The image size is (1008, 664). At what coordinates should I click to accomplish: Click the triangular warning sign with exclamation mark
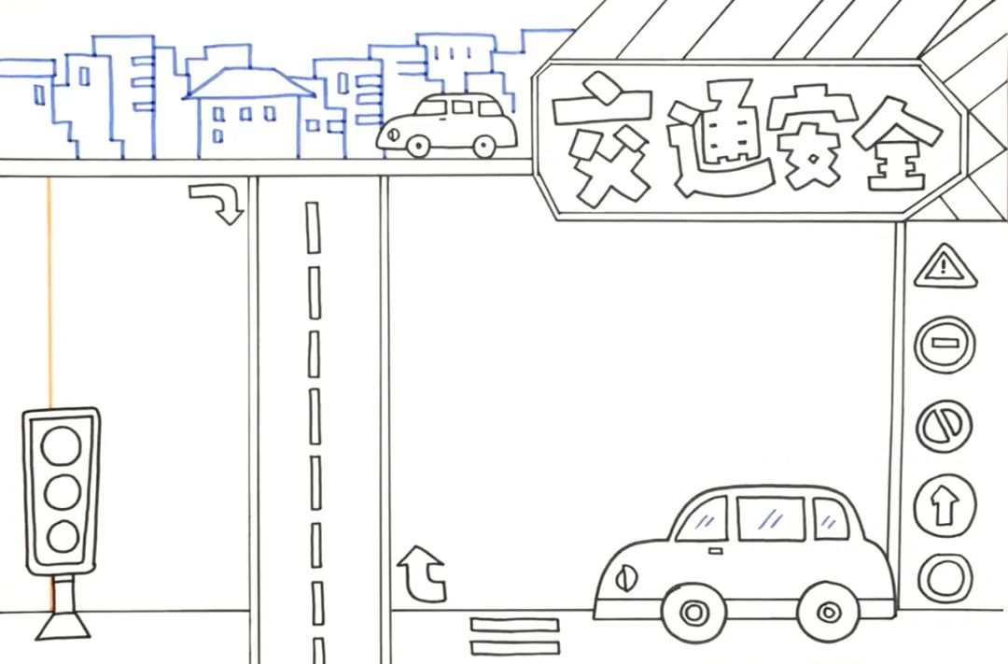coord(945,267)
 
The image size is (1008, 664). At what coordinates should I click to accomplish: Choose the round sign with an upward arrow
coord(945,505)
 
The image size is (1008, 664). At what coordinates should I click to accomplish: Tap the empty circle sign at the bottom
coord(945,577)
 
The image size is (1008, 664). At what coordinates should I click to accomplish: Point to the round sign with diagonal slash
coord(945,426)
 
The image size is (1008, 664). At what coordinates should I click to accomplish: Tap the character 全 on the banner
coord(901,142)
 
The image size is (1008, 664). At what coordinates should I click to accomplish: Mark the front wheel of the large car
coord(693,613)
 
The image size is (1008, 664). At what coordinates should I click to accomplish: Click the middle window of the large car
coord(770,518)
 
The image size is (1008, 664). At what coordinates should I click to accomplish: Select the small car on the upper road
coord(447,125)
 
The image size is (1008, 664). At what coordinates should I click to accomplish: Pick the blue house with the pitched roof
coord(247,112)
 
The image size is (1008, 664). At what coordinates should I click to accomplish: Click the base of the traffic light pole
coord(63,626)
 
